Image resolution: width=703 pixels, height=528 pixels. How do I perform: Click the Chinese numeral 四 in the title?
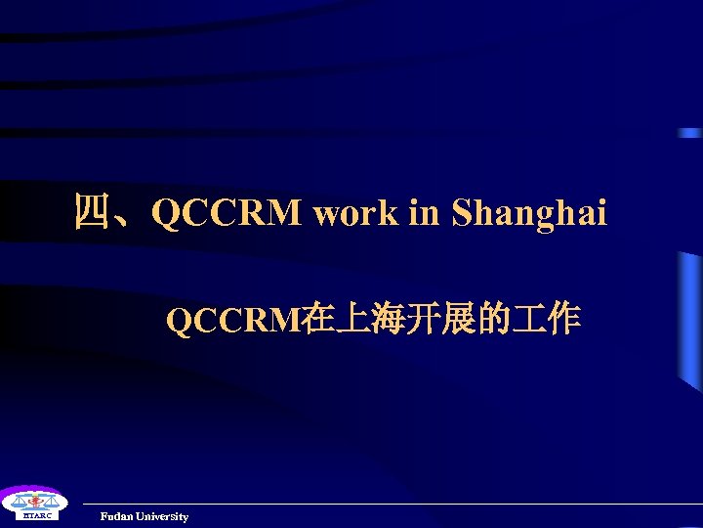[94, 212]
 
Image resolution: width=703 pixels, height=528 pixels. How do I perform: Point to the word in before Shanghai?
[424, 213]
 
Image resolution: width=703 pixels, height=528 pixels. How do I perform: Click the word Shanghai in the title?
[529, 213]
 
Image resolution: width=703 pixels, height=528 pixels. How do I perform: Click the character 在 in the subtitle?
[317, 320]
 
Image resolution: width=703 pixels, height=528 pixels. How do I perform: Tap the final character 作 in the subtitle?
[563, 320]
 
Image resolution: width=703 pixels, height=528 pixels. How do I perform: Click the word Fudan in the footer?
[117, 516]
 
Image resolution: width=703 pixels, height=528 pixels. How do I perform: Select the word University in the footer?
[163, 516]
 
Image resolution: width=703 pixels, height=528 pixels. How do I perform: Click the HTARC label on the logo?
[30, 515]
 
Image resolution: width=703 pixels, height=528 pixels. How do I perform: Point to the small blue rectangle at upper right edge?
[690, 133]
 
